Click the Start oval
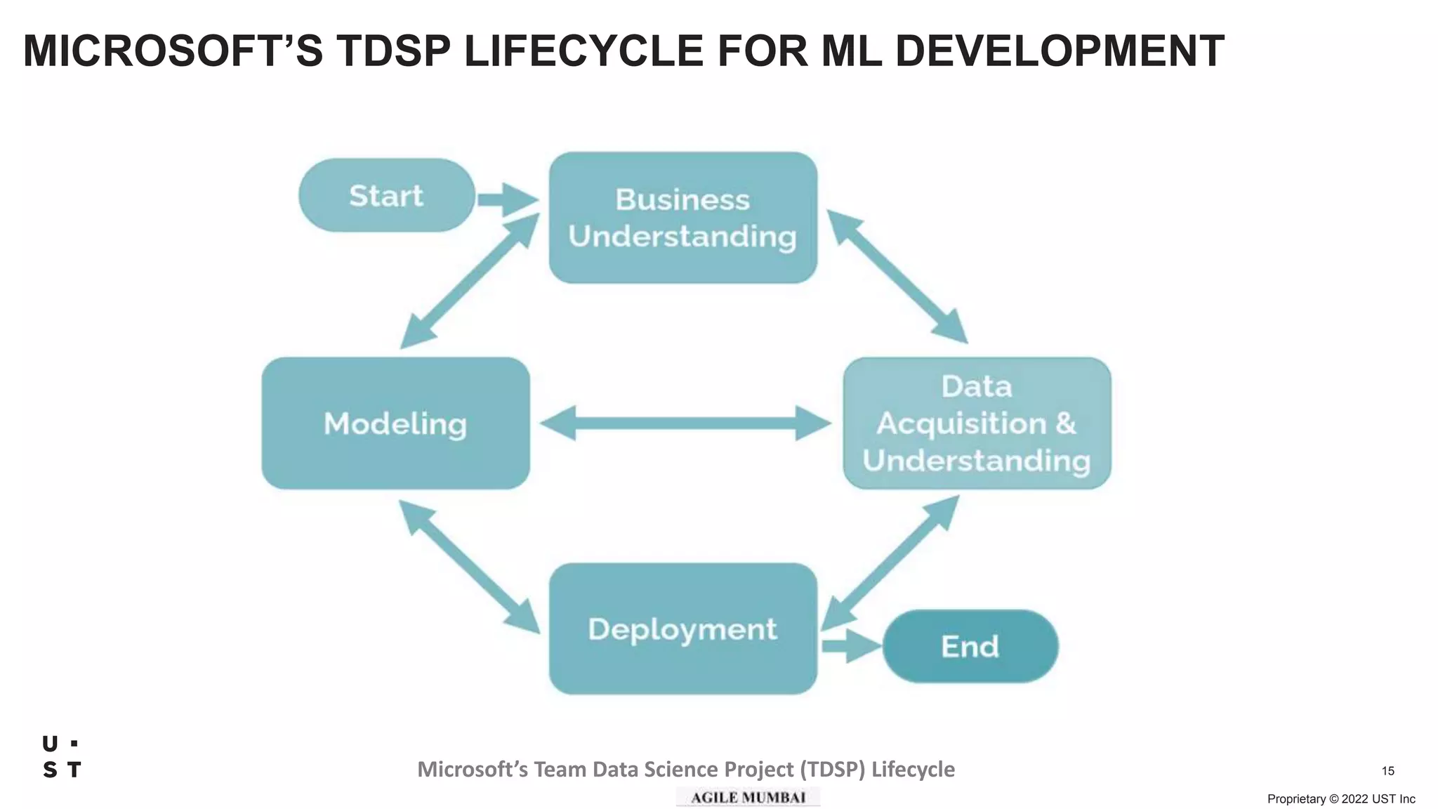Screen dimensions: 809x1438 pos(386,195)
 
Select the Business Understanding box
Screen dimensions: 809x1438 pos(682,218)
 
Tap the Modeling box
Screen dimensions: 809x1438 pos(395,423)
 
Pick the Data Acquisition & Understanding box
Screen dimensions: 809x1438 pos(977,423)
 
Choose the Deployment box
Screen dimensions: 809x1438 pos(682,629)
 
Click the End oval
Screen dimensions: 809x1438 pos(970,646)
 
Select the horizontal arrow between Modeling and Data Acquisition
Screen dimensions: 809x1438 pos(685,423)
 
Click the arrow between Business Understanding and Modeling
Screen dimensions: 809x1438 pos(469,281)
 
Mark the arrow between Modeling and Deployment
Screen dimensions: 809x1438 pos(469,567)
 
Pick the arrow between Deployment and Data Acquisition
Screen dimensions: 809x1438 pos(890,562)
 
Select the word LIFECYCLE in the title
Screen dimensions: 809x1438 pos(583,51)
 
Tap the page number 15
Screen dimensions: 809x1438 pos(1387,771)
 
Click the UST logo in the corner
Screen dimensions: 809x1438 pos(62,757)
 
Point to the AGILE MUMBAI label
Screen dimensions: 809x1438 pos(748,797)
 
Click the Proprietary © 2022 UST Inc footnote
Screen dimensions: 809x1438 pos(1340,799)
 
